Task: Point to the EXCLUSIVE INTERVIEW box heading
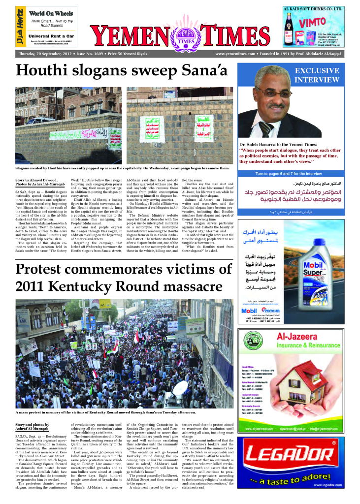coord(317,75)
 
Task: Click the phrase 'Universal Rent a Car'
coord(51,36)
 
